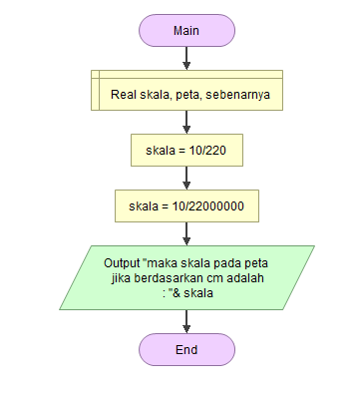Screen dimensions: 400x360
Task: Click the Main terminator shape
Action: (186, 30)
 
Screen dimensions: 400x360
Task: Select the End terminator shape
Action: (186, 349)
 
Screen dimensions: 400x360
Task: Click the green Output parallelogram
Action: (186, 277)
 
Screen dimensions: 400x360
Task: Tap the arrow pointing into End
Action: (186, 321)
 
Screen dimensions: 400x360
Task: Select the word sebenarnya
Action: (239, 97)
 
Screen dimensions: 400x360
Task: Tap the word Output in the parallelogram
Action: (124, 263)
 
